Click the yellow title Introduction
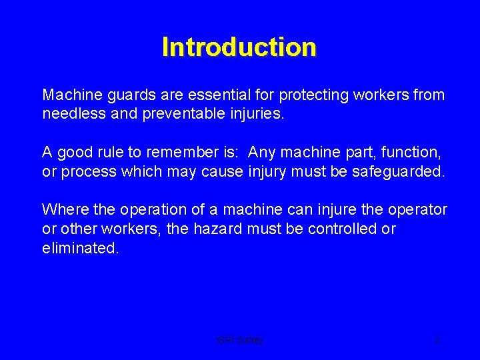pos(239,47)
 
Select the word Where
pos(65,210)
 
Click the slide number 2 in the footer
pos(437,340)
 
